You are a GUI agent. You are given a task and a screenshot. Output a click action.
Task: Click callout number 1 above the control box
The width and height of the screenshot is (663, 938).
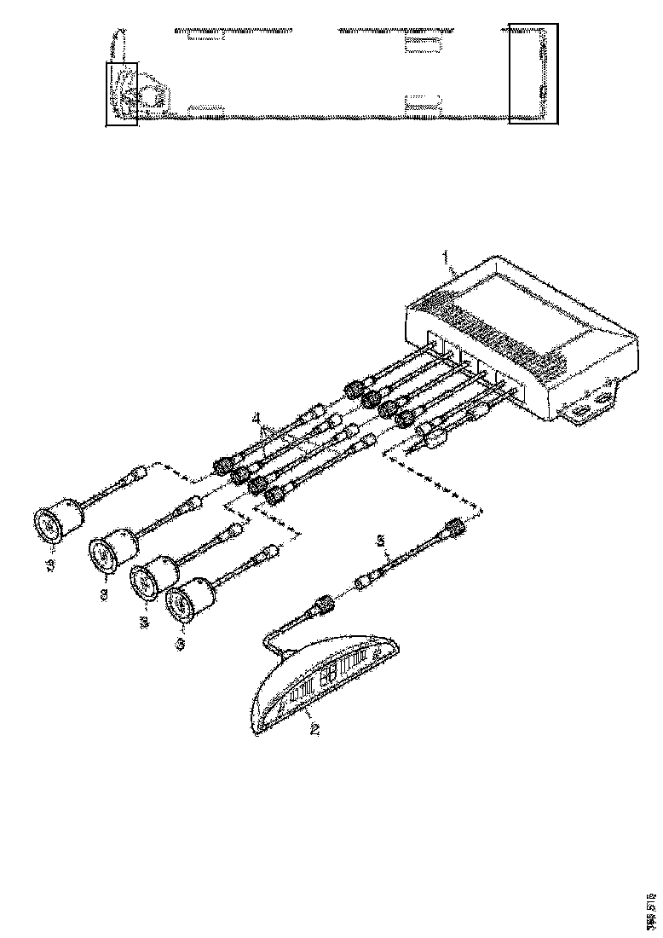pyautogui.click(x=443, y=255)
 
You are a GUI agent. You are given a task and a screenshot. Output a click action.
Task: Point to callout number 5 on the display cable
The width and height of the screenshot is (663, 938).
pyautogui.click(x=383, y=539)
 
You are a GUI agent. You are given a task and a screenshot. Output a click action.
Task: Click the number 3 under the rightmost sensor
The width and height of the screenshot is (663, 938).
pyautogui.click(x=179, y=645)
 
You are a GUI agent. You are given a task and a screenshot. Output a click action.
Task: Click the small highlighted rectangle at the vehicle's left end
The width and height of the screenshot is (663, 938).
pyautogui.click(x=121, y=94)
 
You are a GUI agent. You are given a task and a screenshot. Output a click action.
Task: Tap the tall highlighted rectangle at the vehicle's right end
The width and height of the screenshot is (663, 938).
pyautogui.click(x=533, y=73)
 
